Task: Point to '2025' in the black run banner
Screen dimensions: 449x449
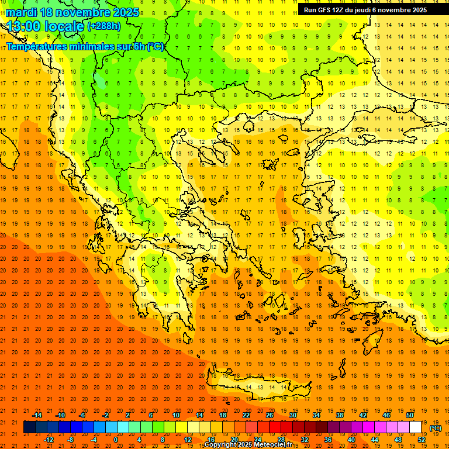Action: click(x=415, y=10)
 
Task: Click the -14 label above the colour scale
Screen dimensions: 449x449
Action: click(x=37, y=415)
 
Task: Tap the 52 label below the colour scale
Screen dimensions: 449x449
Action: click(x=422, y=440)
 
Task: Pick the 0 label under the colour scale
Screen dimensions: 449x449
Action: click(x=115, y=440)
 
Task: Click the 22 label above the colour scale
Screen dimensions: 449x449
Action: click(x=246, y=415)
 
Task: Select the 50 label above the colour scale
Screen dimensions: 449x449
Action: click(x=410, y=415)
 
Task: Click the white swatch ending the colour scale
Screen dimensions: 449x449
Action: click(x=416, y=427)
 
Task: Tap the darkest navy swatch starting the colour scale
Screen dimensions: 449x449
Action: click(x=29, y=427)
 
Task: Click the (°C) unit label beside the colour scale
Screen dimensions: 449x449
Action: click(x=436, y=428)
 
